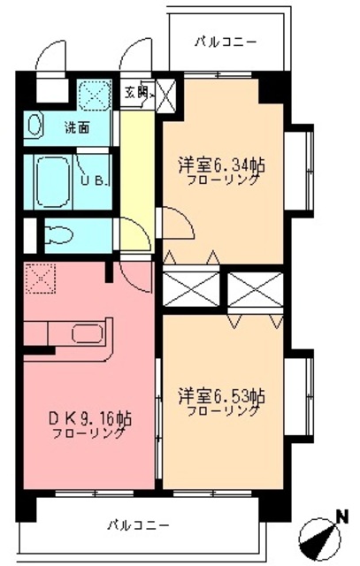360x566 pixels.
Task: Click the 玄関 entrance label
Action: click(x=136, y=90)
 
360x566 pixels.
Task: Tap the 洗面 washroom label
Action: click(x=75, y=126)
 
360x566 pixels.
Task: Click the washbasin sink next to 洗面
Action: click(x=34, y=125)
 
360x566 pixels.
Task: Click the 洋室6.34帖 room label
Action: click(x=221, y=164)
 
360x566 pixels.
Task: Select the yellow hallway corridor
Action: click(x=138, y=177)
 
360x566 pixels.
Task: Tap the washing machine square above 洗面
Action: click(x=92, y=95)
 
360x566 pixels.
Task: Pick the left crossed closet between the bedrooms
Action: click(x=191, y=288)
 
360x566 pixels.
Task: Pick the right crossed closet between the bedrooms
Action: click(x=254, y=288)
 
